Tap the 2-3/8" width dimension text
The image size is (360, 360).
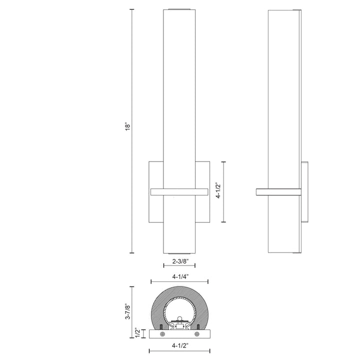click(179, 260)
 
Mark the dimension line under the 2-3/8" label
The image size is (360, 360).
click(179, 266)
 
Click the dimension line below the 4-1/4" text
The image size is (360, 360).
click(179, 281)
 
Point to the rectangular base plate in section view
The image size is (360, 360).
click(179, 334)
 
